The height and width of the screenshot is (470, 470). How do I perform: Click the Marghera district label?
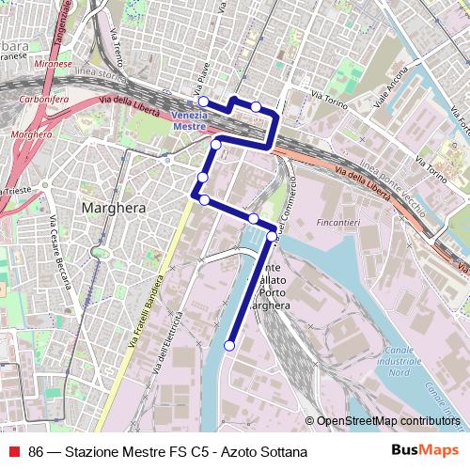[113, 208]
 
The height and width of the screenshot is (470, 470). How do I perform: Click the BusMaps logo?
[424, 450]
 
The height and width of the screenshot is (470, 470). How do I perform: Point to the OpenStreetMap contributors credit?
[387, 421]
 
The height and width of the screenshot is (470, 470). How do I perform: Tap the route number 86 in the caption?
[37, 452]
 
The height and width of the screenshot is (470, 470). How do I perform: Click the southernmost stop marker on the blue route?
[228, 346]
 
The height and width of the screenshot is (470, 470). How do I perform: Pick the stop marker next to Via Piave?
[203, 102]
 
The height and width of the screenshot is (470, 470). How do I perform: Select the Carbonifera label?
[45, 96]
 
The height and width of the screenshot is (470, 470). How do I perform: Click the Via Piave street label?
[199, 70]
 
